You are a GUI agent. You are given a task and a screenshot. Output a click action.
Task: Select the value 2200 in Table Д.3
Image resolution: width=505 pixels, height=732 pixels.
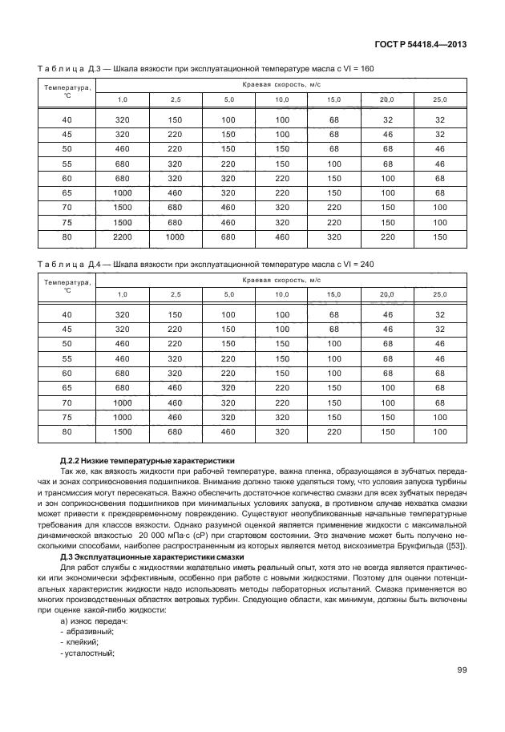coord(123,237)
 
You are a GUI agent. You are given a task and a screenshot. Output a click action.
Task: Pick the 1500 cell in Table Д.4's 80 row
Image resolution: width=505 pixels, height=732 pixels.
coord(123,431)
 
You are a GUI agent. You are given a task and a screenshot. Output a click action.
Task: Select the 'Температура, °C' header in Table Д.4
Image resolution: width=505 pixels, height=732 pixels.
coord(67,286)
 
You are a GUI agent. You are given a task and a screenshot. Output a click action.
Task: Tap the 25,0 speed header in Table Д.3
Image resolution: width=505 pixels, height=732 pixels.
coord(439,99)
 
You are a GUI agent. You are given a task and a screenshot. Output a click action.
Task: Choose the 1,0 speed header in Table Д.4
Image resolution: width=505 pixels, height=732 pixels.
coord(123,295)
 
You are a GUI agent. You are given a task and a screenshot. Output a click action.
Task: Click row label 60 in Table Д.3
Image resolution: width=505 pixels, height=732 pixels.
coord(67,178)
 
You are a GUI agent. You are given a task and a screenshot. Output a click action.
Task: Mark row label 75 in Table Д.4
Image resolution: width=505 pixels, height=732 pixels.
coord(67,417)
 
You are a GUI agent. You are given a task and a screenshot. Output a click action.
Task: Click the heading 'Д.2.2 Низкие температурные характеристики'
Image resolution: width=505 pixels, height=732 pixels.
coord(147,461)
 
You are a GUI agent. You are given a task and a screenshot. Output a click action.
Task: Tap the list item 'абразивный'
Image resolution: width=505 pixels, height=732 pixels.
coord(91,633)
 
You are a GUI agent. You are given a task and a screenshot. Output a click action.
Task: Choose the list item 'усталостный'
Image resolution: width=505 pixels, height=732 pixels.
coord(91,653)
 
